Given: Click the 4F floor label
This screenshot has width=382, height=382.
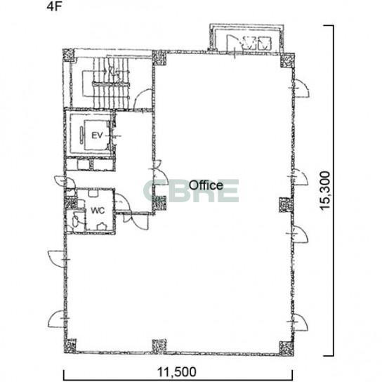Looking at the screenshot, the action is (53, 6).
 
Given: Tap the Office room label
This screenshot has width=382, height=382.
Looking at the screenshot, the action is (206, 185).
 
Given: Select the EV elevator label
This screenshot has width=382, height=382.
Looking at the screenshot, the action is (97, 136).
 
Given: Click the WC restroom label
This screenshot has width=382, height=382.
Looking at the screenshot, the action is (98, 211).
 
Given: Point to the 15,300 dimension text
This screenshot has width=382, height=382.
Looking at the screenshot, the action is (325, 190).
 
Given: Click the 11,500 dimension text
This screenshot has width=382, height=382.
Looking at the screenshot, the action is (177, 372).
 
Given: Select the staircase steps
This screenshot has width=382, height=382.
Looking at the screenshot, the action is (111, 83).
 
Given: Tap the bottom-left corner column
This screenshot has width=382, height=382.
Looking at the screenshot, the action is (70, 346).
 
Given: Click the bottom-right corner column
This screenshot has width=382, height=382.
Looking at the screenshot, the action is (286, 348).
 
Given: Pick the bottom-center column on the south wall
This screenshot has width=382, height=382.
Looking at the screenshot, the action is (159, 346).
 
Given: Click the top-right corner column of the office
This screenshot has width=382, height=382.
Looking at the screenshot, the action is (287, 60).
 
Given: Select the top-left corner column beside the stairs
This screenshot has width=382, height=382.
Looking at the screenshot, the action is (68, 55).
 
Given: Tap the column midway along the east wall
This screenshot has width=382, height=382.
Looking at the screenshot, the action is (286, 205).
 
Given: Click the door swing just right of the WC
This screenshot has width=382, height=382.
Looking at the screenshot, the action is (123, 202).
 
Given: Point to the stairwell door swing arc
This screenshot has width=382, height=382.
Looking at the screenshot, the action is (143, 99).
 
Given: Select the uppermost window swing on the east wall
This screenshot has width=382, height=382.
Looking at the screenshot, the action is (301, 88).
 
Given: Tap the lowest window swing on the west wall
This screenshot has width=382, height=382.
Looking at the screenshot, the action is (56, 319).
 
